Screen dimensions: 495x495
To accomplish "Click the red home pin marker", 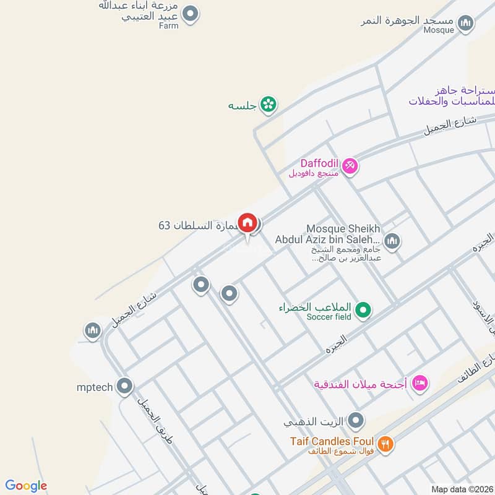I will (247, 223).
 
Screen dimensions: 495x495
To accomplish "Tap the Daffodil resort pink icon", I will (350, 166).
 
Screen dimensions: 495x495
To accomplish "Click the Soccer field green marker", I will (364, 309).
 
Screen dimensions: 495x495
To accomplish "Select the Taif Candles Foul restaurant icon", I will (385, 443).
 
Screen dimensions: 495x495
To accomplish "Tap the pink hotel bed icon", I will (420, 383).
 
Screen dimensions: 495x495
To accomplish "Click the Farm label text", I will (168, 26).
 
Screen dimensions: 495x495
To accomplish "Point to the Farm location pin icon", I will (191, 14).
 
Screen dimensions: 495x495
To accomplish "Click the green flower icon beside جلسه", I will (268, 105).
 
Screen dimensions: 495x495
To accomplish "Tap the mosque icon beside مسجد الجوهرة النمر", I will (466, 24).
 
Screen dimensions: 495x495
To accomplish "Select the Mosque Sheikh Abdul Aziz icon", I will (392, 240).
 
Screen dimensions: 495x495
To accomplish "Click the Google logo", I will (26, 486).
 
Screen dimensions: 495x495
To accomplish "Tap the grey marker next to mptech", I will (125, 387).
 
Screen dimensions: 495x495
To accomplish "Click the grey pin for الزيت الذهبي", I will (356, 421).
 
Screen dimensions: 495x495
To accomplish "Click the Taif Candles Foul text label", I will (332, 442).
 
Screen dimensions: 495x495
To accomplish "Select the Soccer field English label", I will (329, 317).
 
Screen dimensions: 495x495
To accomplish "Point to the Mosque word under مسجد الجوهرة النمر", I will (439, 30).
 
